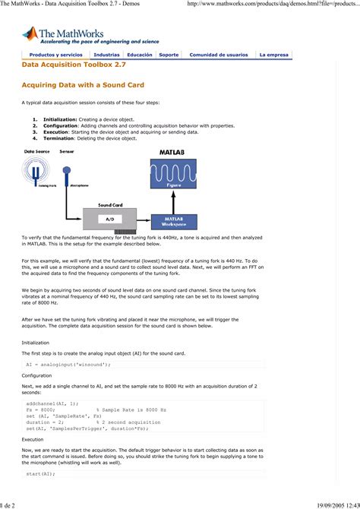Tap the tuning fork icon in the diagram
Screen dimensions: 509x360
(35, 172)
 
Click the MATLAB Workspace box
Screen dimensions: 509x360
(174, 220)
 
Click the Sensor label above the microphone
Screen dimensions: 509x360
(67, 153)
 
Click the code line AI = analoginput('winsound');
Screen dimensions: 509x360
(68, 365)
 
